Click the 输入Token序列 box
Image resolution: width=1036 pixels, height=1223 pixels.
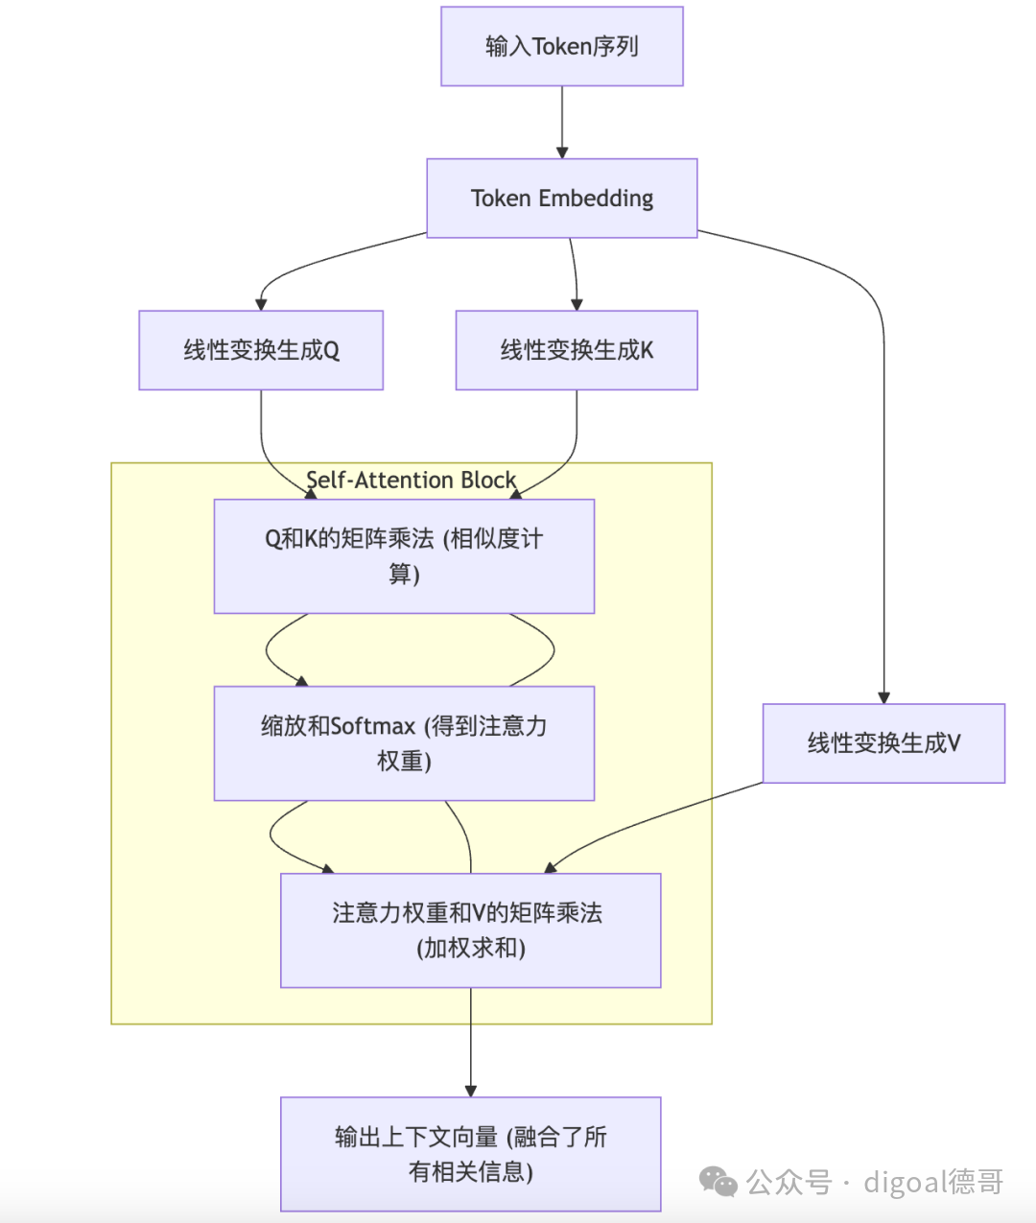(561, 46)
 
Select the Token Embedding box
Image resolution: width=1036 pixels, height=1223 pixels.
(561, 198)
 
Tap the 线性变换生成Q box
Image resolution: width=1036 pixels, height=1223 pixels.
(261, 350)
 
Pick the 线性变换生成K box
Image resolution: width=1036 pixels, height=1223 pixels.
(577, 350)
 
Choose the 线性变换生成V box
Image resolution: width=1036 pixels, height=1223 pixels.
(883, 743)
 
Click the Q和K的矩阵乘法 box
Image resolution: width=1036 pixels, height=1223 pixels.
(404, 556)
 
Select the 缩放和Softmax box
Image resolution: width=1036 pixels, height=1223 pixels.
(404, 743)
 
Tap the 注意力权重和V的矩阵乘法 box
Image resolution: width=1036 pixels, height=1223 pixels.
(470, 930)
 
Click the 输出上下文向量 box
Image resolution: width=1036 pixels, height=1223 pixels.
(470, 1154)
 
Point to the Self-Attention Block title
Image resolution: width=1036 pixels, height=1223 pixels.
(411, 480)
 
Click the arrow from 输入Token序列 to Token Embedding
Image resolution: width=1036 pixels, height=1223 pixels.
(562, 120)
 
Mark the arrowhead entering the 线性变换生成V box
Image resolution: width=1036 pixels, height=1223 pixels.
(883, 697)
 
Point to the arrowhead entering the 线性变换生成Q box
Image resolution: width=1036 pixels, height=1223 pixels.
(261, 304)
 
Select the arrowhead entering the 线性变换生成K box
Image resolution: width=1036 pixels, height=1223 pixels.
(577, 304)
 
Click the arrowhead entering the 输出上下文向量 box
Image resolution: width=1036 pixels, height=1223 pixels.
(470, 1091)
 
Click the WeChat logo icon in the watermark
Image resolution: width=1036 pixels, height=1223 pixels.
(718, 1182)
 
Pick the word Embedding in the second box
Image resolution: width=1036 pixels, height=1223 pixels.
(596, 198)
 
